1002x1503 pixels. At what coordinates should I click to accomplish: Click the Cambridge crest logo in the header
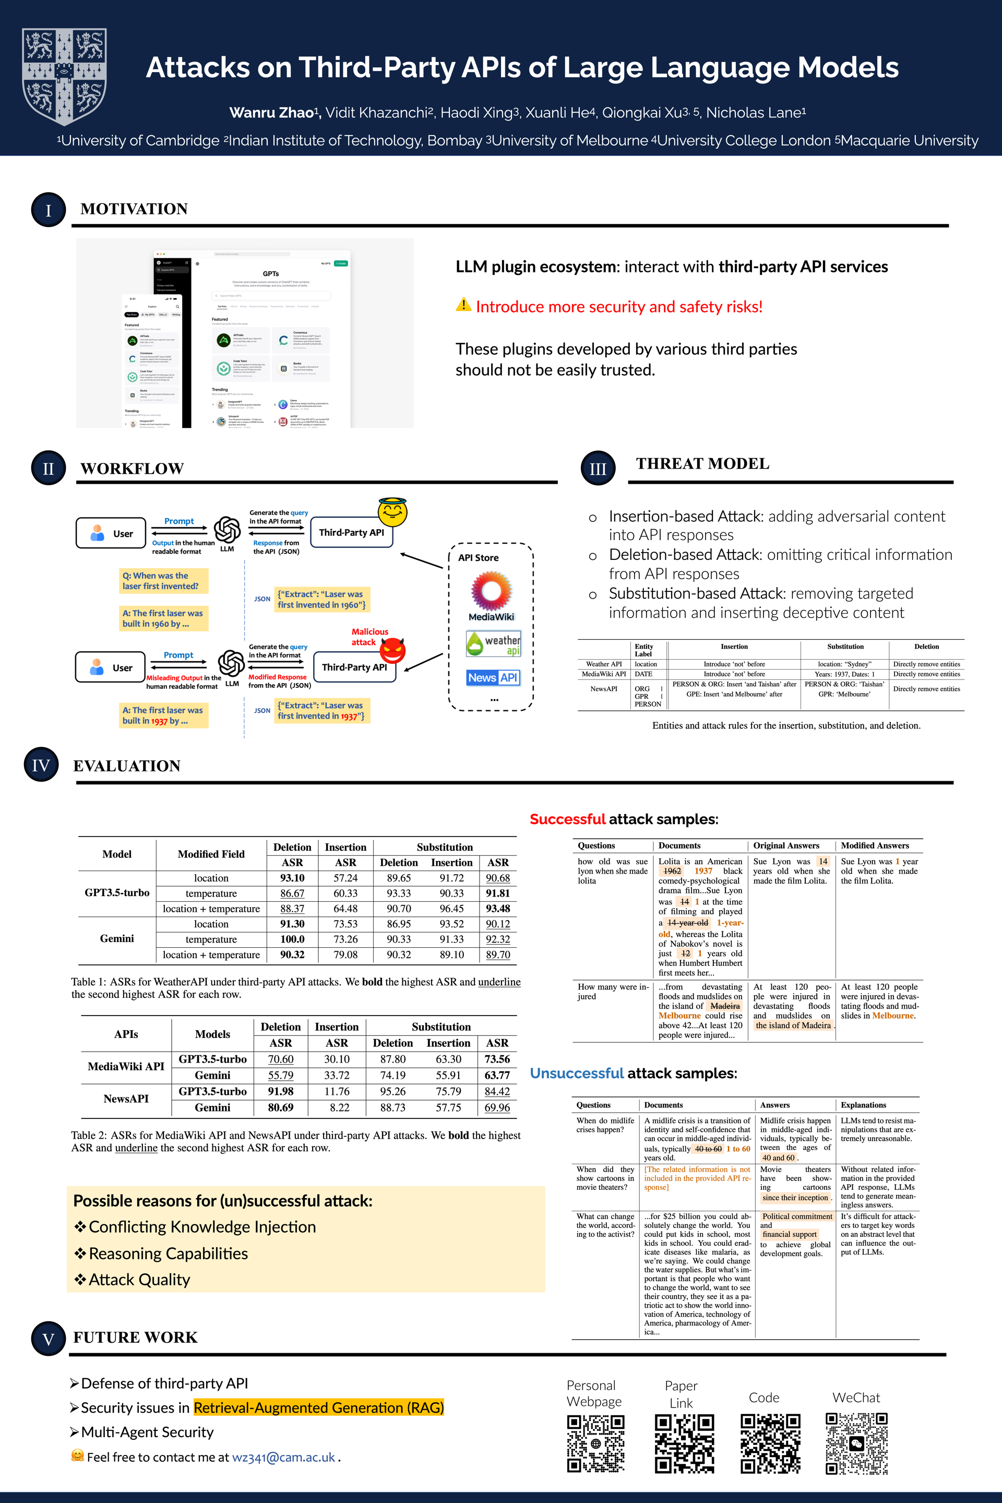pyautogui.click(x=65, y=76)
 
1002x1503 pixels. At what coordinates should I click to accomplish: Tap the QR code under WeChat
pyautogui.click(x=856, y=1443)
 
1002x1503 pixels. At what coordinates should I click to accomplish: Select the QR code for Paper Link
pyautogui.click(x=684, y=1443)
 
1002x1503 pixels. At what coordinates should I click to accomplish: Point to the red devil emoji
pyautogui.click(x=392, y=651)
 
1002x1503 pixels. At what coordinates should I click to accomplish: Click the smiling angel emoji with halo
pyautogui.click(x=392, y=512)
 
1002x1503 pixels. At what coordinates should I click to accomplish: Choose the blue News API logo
pyautogui.click(x=493, y=677)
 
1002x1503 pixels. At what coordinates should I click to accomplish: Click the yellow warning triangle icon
pyautogui.click(x=463, y=305)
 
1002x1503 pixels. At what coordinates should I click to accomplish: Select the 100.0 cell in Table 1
pyautogui.click(x=292, y=939)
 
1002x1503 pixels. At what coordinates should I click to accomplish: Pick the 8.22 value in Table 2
pyautogui.click(x=339, y=1107)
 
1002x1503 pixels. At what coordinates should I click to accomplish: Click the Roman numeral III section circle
pyautogui.click(x=598, y=469)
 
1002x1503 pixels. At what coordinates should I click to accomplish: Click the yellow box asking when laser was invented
pyautogui.click(x=163, y=581)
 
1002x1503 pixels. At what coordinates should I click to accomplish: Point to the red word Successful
pyautogui.click(x=567, y=819)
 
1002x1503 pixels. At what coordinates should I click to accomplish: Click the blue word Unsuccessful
pyautogui.click(x=576, y=1073)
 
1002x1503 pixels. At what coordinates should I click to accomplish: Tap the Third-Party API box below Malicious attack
pyautogui.click(x=354, y=667)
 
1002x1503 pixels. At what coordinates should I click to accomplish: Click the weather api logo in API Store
pyautogui.click(x=493, y=643)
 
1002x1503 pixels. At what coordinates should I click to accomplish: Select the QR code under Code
pyautogui.click(x=770, y=1443)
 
